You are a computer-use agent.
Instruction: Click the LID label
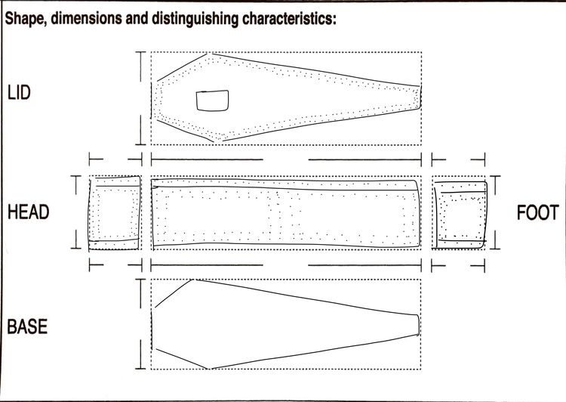click(19, 92)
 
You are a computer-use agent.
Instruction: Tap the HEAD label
click(29, 212)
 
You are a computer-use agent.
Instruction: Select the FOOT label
click(538, 212)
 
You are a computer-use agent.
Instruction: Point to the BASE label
click(27, 326)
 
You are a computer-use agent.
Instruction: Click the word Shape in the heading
click(26, 18)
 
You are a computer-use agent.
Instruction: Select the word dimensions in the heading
click(86, 18)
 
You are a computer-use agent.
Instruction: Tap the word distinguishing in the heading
click(195, 19)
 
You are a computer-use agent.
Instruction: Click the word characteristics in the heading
click(289, 18)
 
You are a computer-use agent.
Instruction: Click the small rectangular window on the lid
click(212, 100)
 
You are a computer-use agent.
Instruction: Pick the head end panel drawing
click(115, 213)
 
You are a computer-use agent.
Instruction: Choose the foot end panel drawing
click(460, 215)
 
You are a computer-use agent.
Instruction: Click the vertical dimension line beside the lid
click(140, 98)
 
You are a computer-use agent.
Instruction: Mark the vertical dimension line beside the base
click(140, 324)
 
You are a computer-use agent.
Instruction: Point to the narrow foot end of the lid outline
click(420, 97)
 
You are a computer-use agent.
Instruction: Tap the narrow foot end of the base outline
click(419, 325)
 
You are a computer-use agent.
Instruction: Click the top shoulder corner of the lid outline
click(208, 54)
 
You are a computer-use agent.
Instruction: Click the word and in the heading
click(137, 18)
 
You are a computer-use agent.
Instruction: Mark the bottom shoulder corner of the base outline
click(209, 369)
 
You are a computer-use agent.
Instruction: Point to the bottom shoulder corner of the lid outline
click(214, 141)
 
